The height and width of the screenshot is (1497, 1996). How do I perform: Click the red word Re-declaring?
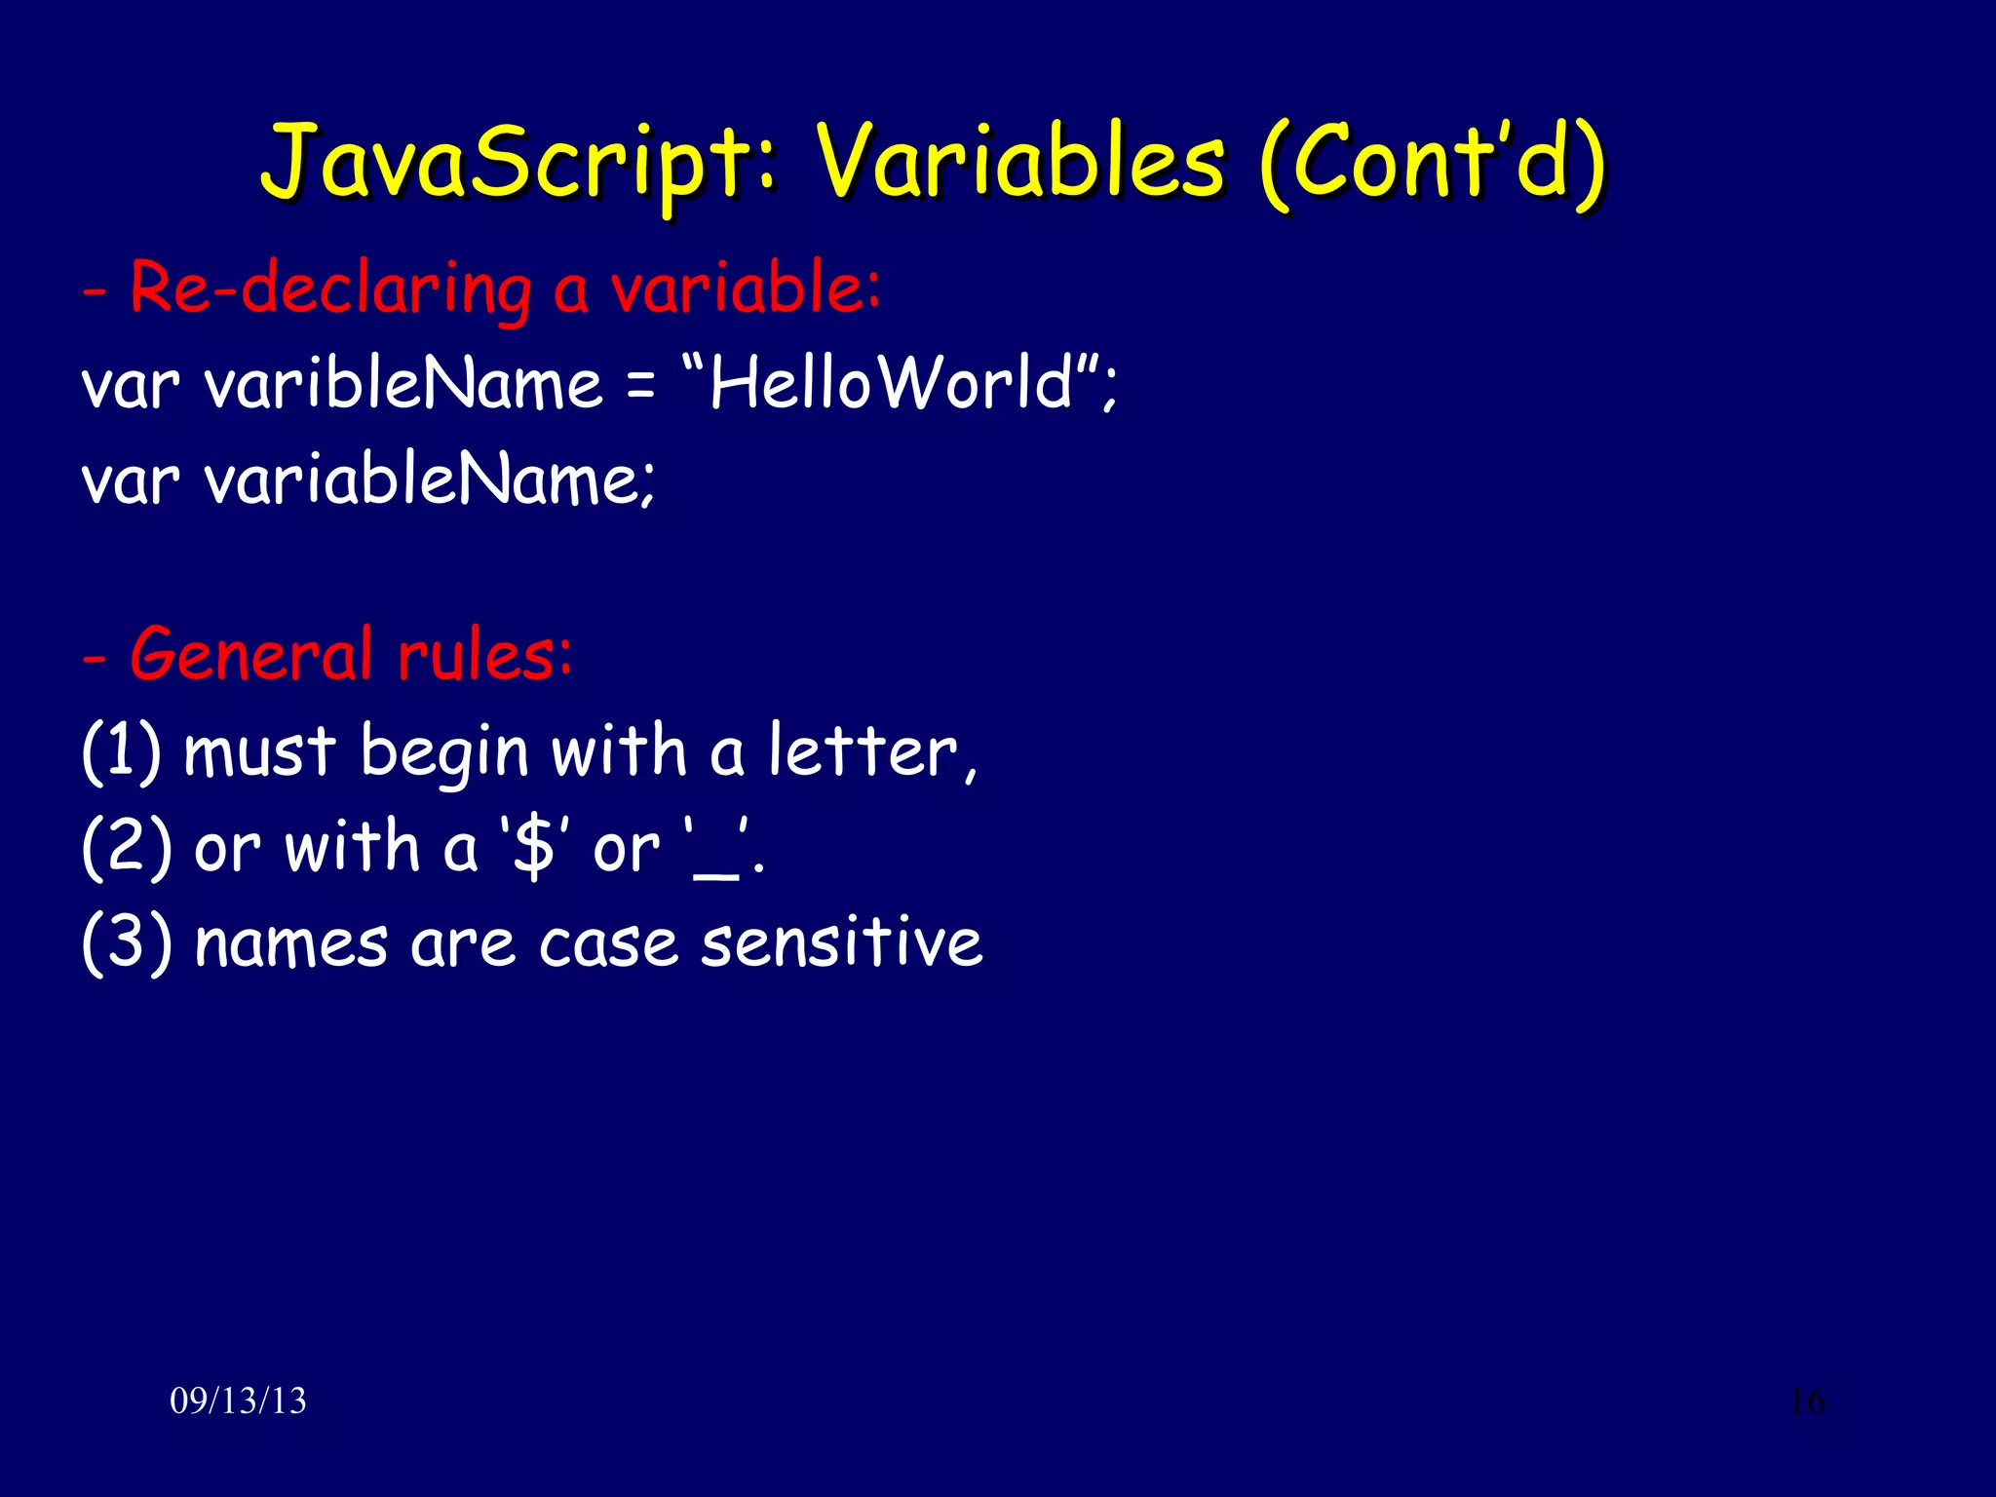331,289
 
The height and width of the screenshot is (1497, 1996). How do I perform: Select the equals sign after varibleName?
640,386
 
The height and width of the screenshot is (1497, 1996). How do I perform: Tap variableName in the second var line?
429,480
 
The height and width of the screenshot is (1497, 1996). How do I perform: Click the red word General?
251,654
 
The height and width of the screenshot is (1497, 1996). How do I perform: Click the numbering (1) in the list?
121,751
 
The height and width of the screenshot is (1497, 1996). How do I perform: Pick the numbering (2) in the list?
127,847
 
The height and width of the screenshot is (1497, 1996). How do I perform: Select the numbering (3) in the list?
127,942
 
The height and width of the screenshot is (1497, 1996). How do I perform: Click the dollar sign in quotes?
533,847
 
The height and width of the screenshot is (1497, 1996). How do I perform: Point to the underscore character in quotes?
716,872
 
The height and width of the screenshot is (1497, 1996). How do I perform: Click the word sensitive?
841,942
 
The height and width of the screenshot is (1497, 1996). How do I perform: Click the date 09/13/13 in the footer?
238,1401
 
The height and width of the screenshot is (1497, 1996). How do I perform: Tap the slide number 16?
1807,1401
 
